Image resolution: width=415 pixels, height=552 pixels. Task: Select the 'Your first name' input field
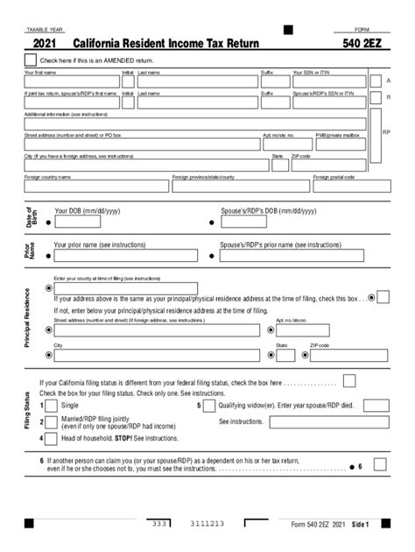(x=72, y=81)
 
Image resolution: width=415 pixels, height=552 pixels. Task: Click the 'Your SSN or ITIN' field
(x=328, y=81)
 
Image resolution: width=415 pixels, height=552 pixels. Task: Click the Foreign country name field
(x=96, y=186)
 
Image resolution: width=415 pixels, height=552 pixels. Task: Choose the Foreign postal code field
(x=340, y=186)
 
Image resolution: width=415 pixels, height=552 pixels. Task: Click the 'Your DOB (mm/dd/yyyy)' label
(x=88, y=211)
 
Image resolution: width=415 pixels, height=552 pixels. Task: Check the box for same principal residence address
(x=383, y=298)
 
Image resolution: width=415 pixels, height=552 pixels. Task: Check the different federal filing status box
(x=349, y=380)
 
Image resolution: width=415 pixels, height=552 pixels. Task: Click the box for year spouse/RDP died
(x=376, y=407)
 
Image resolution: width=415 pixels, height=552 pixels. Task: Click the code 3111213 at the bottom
(x=207, y=524)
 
